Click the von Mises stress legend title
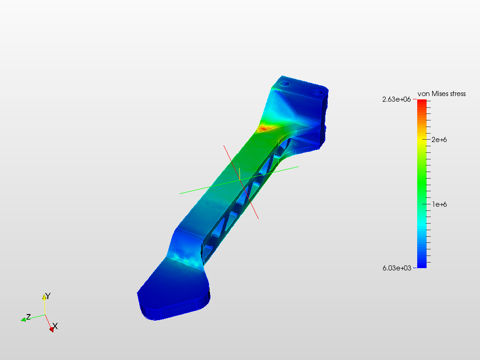pyautogui.click(x=442, y=94)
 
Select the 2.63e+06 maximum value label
pyautogui.click(x=397, y=99)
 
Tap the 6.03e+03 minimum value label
pyautogui.click(x=397, y=268)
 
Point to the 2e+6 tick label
pyautogui.click(x=439, y=140)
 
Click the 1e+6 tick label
pyautogui.click(x=440, y=204)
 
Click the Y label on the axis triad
pyautogui.click(x=48, y=296)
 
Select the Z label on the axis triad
pyautogui.click(x=29, y=317)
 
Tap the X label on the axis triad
pyautogui.click(x=55, y=326)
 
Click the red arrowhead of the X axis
pyautogui.click(x=52, y=329)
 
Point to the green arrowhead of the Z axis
pyautogui.click(x=23, y=320)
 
